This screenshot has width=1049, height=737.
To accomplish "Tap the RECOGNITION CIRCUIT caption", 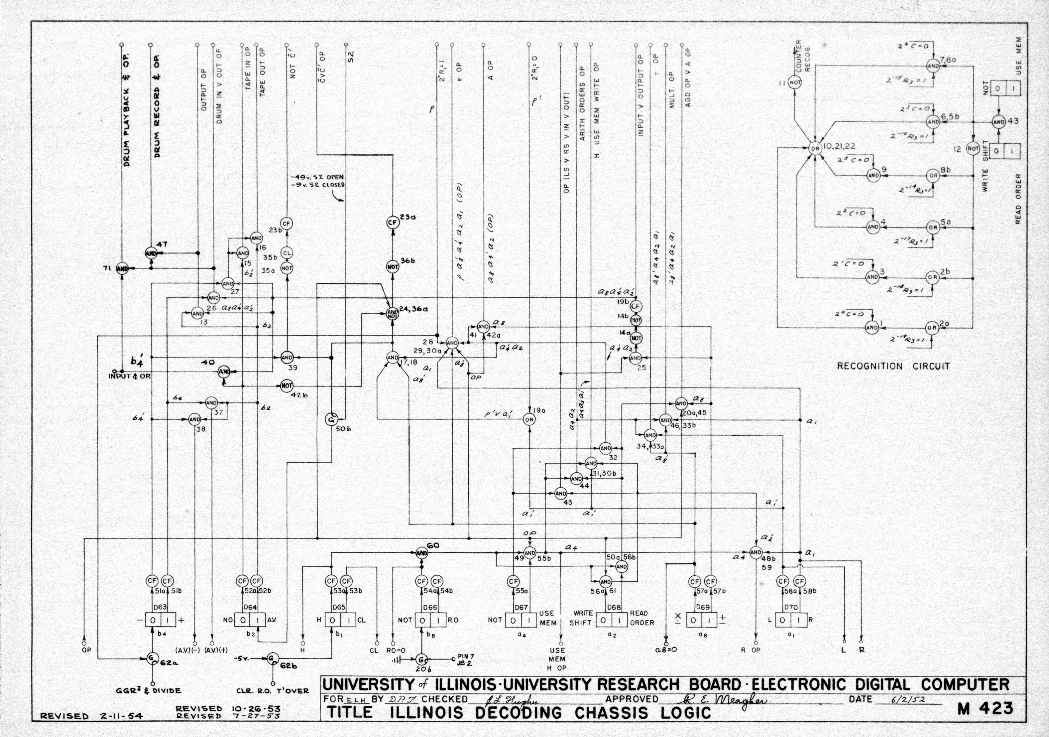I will click(x=893, y=366).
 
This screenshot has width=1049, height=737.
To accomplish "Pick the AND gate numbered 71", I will click(x=122, y=269).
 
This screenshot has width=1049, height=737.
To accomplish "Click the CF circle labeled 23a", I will click(x=393, y=222).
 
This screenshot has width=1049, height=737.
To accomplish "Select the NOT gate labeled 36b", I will click(x=393, y=267).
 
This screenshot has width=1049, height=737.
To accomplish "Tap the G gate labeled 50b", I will click(x=332, y=419).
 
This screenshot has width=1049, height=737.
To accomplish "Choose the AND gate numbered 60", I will click(x=422, y=553).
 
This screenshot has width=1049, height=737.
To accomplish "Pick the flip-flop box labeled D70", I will click(x=791, y=620).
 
